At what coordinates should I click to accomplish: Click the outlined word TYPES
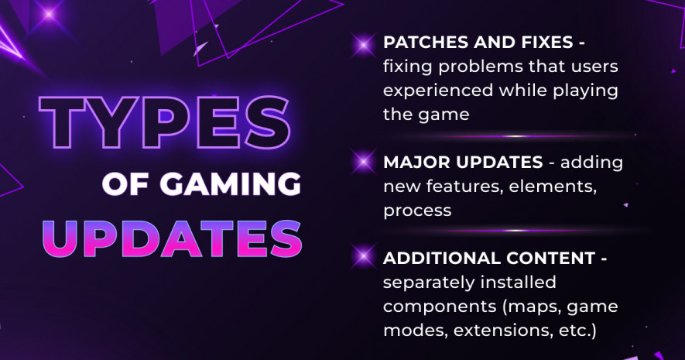(165, 122)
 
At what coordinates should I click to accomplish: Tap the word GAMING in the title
(230, 184)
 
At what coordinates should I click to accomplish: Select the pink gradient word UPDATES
(172, 238)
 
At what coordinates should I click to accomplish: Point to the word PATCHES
(425, 43)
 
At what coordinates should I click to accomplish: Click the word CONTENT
(550, 258)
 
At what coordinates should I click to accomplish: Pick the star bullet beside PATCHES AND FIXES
(363, 45)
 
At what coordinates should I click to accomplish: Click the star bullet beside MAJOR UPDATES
(363, 162)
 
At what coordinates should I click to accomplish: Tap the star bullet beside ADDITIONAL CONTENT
(363, 256)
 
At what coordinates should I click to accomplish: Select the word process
(417, 211)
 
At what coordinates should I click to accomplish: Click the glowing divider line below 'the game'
(515, 136)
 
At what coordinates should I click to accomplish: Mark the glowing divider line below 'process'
(515, 231)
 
